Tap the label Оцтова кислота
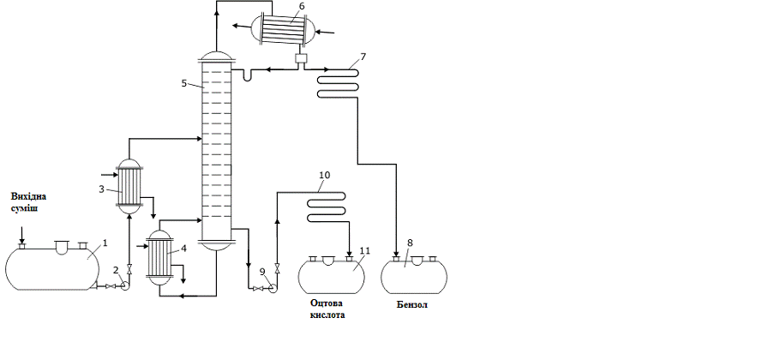tap(330, 309)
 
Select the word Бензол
tap(411, 303)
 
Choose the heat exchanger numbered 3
tap(129, 184)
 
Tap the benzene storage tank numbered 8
tap(414, 274)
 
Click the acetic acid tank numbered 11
tap(331, 275)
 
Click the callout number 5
tap(184, 83)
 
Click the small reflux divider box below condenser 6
tap(300, 59)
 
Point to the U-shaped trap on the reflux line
tap(247, 75)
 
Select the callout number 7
tap(363, 57)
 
